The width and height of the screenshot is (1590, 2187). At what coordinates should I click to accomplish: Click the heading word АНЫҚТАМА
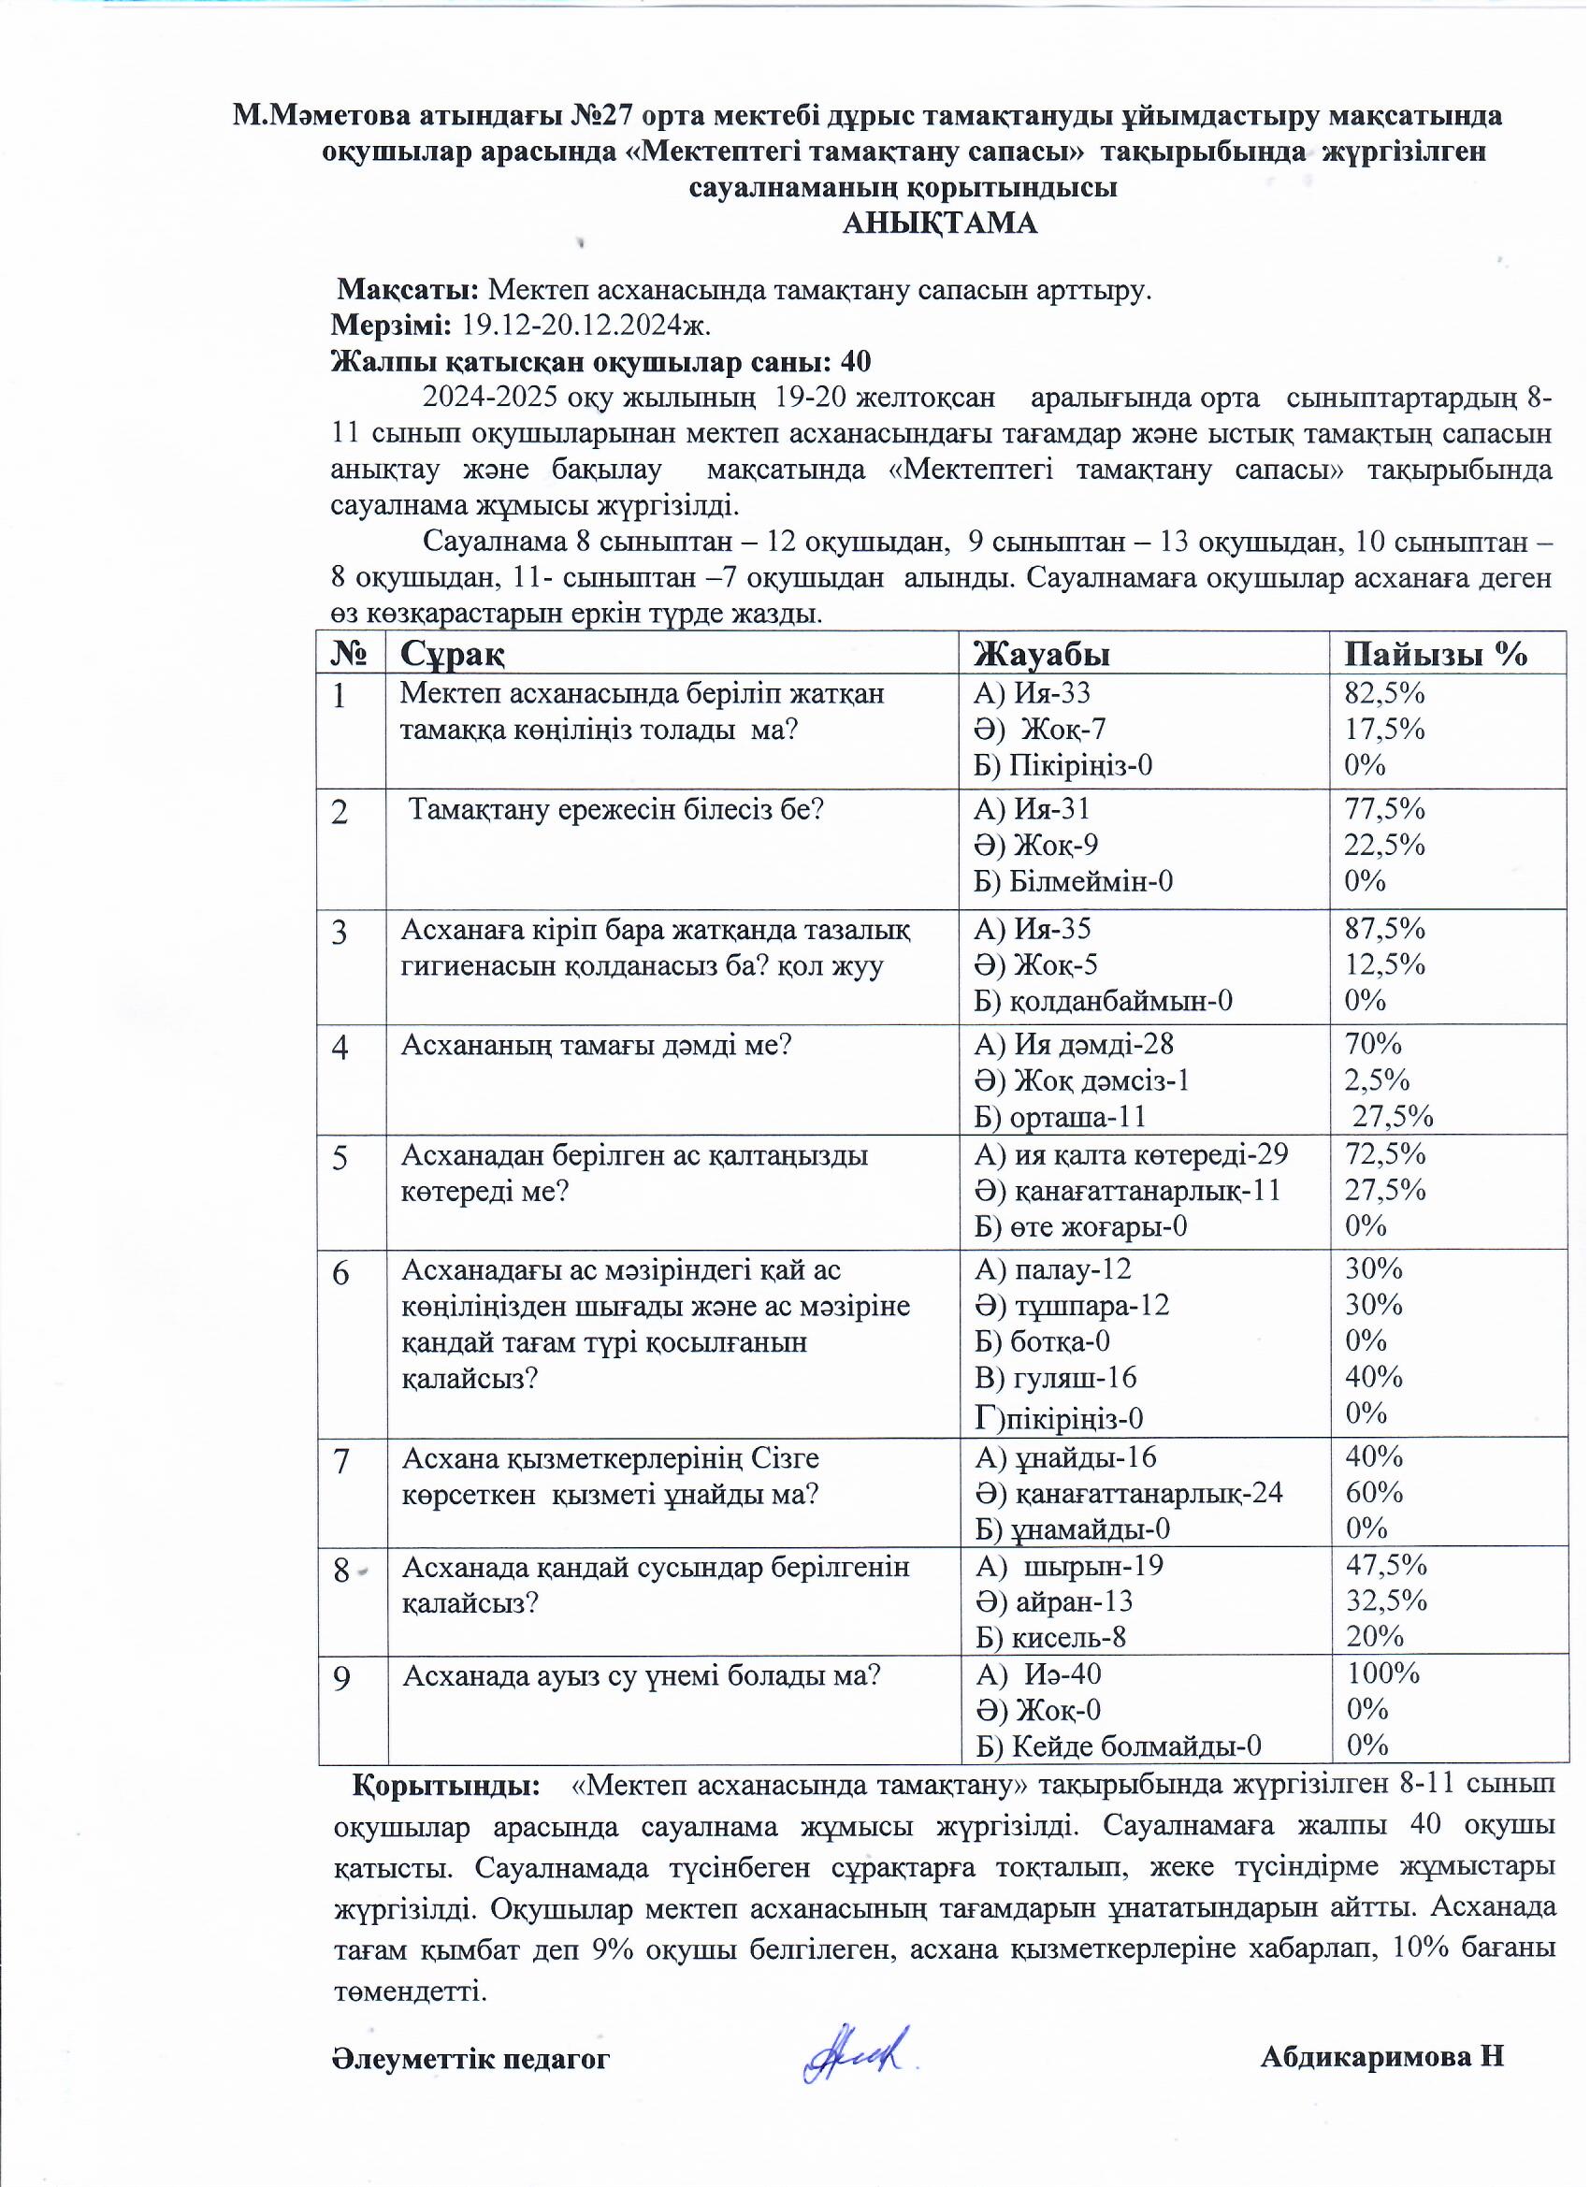[x=940, y=224]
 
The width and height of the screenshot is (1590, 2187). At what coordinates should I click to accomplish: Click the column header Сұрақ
[x=453, y=655]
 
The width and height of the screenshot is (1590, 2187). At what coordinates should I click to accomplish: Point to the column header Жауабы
[x=1042, y=655]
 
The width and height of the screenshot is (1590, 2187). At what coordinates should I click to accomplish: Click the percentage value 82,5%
[x=1384, y=693]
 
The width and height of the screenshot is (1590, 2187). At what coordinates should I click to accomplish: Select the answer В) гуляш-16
[x=1056, y=1377]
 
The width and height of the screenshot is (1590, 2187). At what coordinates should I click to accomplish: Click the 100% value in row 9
[x=1382, y=1673]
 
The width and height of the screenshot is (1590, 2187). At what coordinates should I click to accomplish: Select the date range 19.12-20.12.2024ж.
[x=586, y=325]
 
